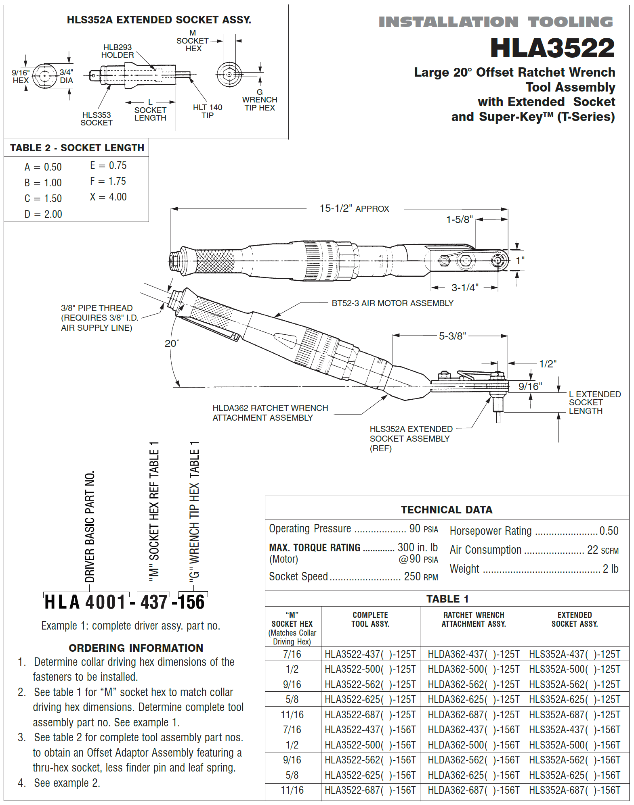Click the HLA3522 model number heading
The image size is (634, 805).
(x=552, y=48)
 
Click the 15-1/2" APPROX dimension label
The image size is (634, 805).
(x=354, y=209)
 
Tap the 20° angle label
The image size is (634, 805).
(x=172, y=343)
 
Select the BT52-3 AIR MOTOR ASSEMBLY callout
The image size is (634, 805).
(x=392, y=303)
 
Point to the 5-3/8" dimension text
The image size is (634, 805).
(x=452, y=336)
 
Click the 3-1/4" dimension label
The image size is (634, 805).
(x=465, y=288)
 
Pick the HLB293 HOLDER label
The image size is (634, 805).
(x=117, y=51)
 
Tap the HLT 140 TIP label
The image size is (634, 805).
(x=207, y=111)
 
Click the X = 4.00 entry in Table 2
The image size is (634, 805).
(x=108, y=197)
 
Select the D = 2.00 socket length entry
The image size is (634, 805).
(x=43, y=214)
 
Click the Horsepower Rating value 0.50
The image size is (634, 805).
(x=609, y=531)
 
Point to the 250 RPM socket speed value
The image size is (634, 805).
(x=421, y=577)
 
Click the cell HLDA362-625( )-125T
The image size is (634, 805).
(x=473, y=700)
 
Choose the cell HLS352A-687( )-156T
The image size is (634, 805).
(x=574, y=790)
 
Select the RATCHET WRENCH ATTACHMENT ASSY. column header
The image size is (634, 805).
(x=473, y=619)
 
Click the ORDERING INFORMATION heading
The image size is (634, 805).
(x=136, y=648)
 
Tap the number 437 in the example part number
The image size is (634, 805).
(x=154, y=602)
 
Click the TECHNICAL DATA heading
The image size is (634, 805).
(x=446, y=510)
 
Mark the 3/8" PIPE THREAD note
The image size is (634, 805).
(x=99, y=318)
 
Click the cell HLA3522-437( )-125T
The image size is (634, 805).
(x=370, y=654)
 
